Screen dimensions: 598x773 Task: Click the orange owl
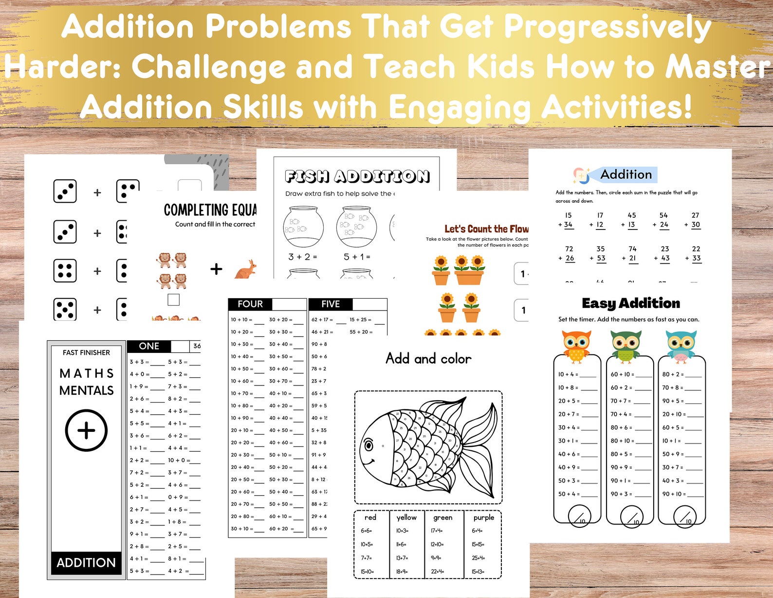(576, 346)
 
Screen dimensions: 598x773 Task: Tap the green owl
(626, 346)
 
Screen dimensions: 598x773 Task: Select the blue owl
(681, 346)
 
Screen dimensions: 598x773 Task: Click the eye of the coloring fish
(368, 445)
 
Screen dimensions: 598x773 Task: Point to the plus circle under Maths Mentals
(86, 430)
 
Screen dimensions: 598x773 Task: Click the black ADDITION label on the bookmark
(86, 562)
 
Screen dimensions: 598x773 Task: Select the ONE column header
(149, 346)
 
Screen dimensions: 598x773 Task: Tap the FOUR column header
(250, 304)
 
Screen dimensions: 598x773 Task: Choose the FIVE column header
(331, 304)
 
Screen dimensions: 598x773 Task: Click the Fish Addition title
(357, 176)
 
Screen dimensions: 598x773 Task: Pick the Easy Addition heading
(631, 303)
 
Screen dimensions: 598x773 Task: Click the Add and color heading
(428, 359)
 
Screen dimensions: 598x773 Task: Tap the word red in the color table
(370, 518)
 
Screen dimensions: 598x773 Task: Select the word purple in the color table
(483, 518)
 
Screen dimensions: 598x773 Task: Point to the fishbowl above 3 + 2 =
(303, 226)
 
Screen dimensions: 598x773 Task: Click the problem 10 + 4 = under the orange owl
(569, 374)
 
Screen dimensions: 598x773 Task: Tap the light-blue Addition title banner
(626, 174)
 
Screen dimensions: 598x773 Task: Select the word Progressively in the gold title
(607, 27)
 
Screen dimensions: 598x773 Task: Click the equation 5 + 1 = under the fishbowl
(357, 257)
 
